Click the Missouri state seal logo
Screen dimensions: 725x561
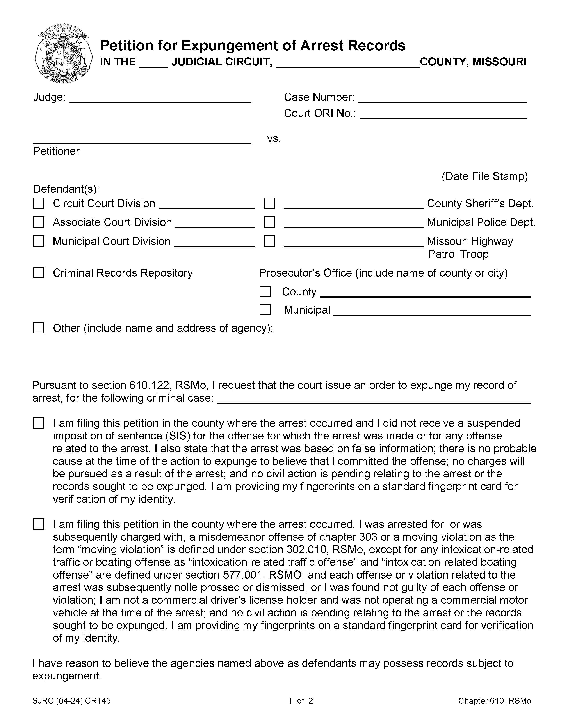pos(63,53)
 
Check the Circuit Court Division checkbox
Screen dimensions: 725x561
pos(39,203)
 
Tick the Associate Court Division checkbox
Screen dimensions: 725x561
pos(39,222)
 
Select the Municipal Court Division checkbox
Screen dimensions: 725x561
pos(39,241)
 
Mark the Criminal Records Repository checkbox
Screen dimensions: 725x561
pos(39,273)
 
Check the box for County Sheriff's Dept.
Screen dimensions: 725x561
pos(269,203)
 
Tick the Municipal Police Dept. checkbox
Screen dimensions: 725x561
pos(269,222)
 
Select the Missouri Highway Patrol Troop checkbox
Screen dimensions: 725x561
pos(269,241)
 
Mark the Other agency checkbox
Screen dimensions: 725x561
pos(39,328)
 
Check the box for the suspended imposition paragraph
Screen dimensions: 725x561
pos(39,423)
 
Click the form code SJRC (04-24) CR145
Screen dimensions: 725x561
pos(71,701)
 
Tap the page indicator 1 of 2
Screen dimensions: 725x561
pos(300,701)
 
